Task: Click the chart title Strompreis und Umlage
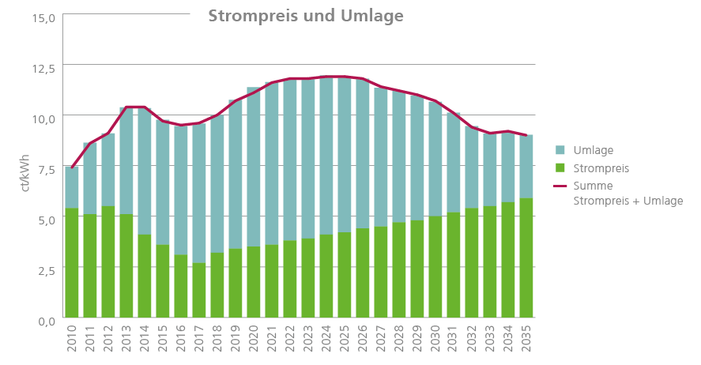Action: pyautogui.click(x=306, y=17)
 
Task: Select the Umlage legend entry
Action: pyautogui.click(x=594, y=150)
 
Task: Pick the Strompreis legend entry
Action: pyautogui.click(x=601, y=168)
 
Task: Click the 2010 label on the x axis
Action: pyautogui.click(x=72, y=341)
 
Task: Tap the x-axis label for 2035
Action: pyautogui.click(x=527, y=341)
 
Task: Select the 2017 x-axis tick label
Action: pyautogui.click(x=199, y=341)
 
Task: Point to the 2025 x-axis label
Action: pyautogui.click(x=345, y=341)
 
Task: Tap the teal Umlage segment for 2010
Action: pyautogui.click(x=72, y=188)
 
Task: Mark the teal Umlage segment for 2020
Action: pyautogui.click(x=254, y=167)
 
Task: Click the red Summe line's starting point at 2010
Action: pyautogui.click(x=72, y=167)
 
